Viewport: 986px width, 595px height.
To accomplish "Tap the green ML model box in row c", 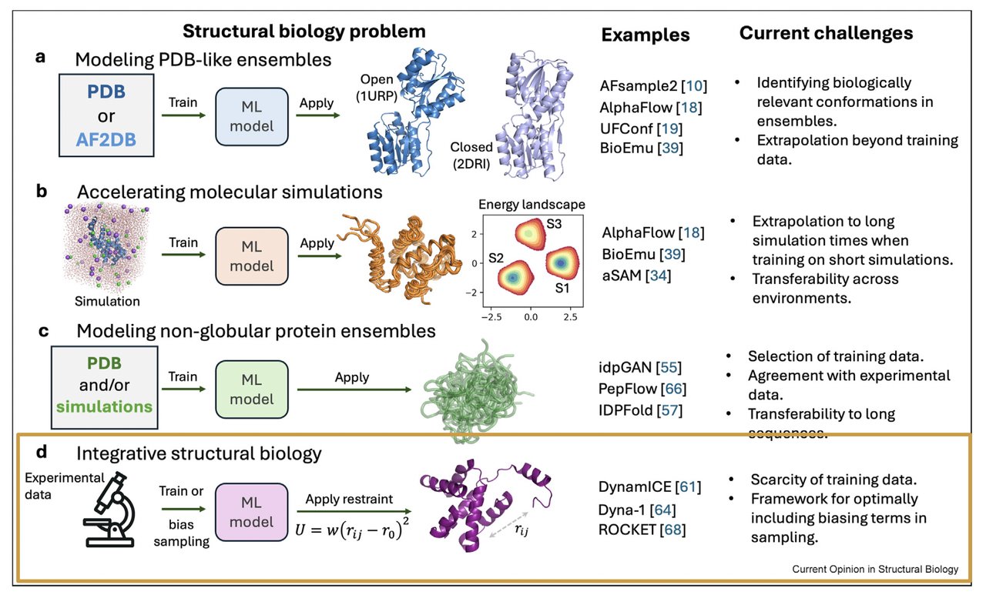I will (x=251, y=390).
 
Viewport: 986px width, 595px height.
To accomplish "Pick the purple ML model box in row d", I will (x=251, y=514).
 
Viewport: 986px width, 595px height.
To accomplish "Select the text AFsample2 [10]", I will (x=653, y=85).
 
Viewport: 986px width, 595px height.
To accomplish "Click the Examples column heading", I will (x=645, y=35).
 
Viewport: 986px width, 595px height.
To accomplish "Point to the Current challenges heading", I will (x=826, y=33).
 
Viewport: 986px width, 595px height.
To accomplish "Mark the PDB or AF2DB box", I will (x=105, y=115).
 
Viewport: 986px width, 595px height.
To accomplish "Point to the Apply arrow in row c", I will (x=352, y=389).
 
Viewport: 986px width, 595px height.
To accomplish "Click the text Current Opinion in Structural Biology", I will (x=875, y=569).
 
